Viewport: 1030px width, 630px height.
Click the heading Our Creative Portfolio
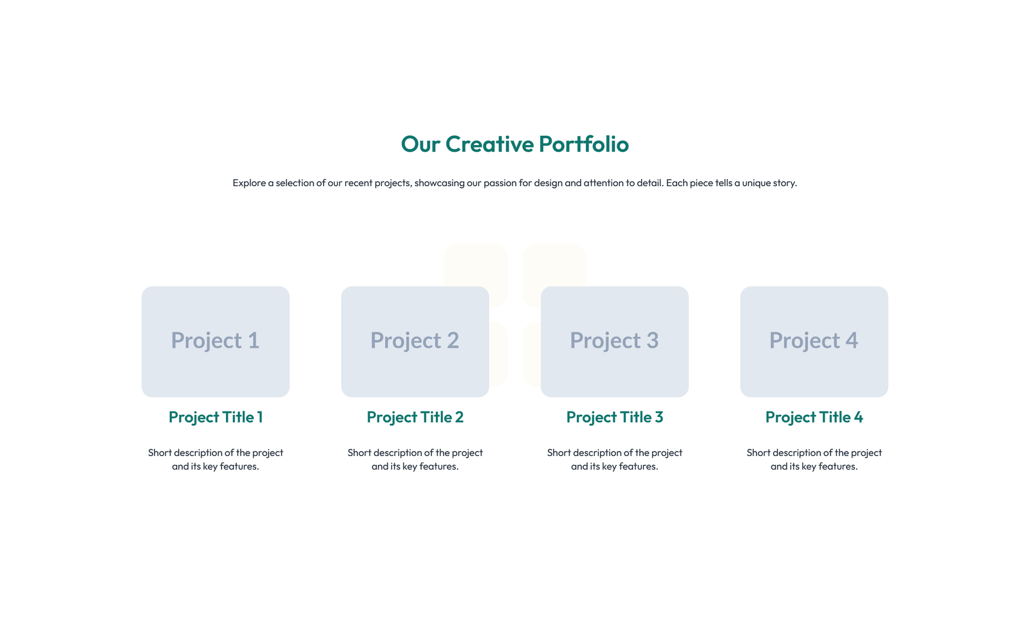click(x=514, y=144)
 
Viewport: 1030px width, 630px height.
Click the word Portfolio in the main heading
click(x=583, y=144)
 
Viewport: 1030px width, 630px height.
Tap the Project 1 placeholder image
click(x=216, y=341)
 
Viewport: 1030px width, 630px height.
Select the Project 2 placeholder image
click(x=415, y=341)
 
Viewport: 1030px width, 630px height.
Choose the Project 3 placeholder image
click(x=615, y=341)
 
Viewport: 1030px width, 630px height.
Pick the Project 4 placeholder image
click(x=814, y=341)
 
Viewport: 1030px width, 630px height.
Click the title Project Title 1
click(x=216, y=417)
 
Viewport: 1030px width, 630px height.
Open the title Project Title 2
click(x=415, y=417)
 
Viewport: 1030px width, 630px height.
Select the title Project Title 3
click(x=615, y=417)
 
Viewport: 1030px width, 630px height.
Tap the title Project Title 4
click(x=814, y=417)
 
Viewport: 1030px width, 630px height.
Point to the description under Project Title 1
click(x=216, y=459)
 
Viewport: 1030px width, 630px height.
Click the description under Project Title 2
click(x=415, y=459)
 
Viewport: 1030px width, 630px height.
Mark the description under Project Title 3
click(x=615, y=459)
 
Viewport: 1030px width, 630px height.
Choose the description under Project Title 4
click(x=814, y=459)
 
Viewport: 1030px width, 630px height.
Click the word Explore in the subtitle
click(x=249, y=183)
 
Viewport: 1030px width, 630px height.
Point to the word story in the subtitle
click(x=785, y=183)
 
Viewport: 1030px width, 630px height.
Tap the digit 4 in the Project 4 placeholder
click(x=852, y=341)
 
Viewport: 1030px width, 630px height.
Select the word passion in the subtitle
click(x=500, y=183)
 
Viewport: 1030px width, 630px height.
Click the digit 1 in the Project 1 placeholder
click(x=254, y=341)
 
